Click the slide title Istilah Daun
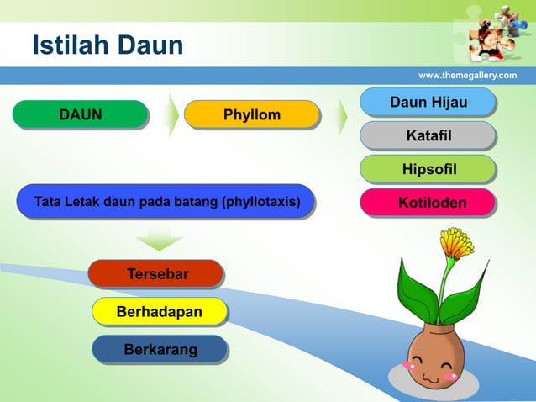pos(108,45)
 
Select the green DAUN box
pos(80,114)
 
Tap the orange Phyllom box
pos(251,114)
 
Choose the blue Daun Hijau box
pos(428,103)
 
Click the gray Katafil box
pos(428,135)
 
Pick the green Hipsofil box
pos(428,170)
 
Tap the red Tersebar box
pos(157,274)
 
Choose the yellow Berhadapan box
pos(159,312)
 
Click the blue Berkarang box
pos(160,349)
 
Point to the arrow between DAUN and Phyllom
pos(171,115)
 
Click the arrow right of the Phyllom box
pos(342,116)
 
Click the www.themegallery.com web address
pos(467,76)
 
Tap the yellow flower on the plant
pos(456,243)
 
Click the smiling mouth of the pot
pos(430,378)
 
